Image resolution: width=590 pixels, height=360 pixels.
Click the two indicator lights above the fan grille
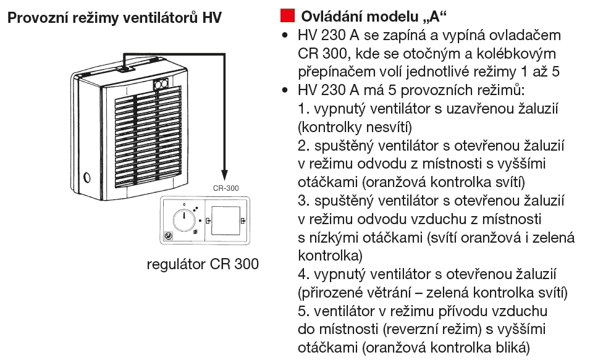[x=162, y=86]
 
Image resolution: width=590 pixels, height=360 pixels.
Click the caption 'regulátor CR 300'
[x=202, y=264]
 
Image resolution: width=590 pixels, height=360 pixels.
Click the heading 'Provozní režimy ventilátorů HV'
[x=114, y=18]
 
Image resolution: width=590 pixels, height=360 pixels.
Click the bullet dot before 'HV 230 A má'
[x=285, y=90]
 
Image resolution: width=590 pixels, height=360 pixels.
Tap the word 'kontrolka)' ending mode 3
[x=330, y=254]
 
